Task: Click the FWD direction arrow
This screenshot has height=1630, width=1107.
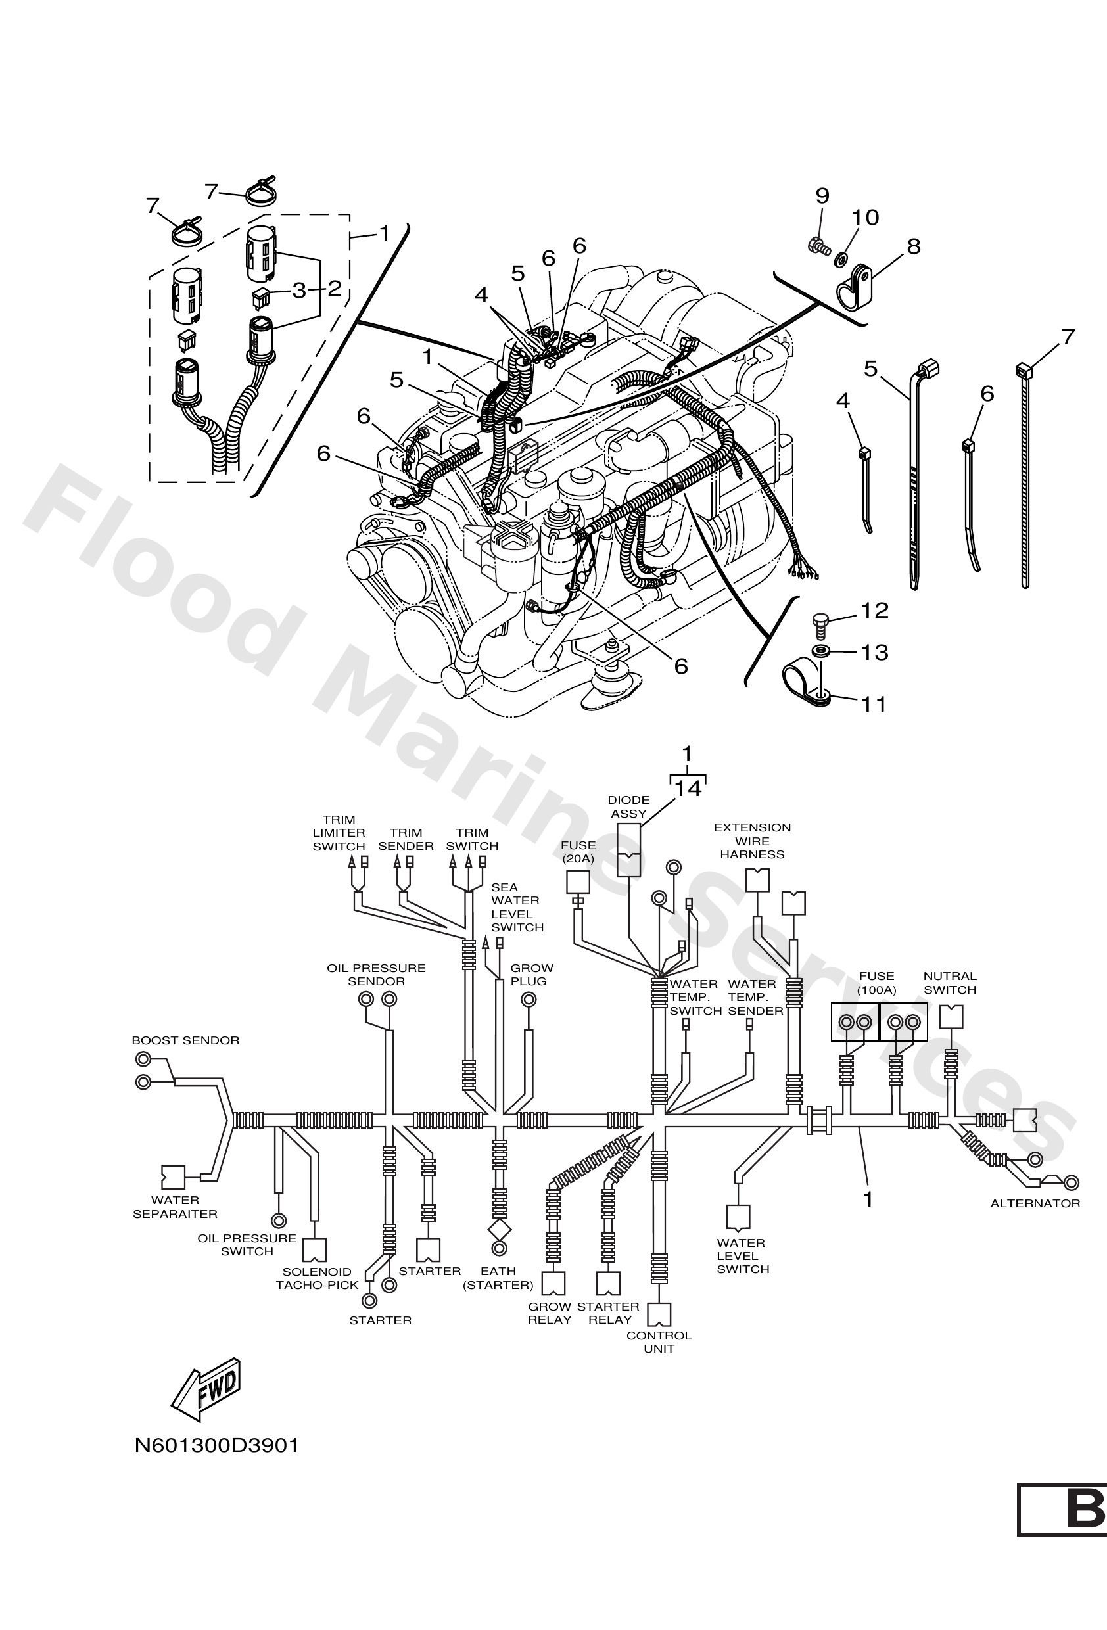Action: coord(208,1391)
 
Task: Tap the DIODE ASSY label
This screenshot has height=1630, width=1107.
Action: coord(628,806)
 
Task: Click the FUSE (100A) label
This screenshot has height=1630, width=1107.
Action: coord(876,983)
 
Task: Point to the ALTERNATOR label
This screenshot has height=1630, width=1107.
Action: coord(1035,1203)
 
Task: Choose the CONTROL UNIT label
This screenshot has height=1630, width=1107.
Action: coord(659,1341)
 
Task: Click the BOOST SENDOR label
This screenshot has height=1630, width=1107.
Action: coord(185,1041)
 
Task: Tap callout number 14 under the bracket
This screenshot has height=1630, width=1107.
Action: coord(688,789)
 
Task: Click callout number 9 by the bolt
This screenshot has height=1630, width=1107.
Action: coord(822,196)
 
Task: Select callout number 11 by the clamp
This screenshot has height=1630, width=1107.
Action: coord(874,703)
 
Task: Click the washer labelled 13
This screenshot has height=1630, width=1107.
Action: coord(818,651)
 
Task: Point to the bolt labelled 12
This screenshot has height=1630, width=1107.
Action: coord(818,620)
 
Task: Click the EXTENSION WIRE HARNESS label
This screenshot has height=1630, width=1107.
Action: coord(752,841)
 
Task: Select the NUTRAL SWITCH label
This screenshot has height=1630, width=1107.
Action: coord(950,983)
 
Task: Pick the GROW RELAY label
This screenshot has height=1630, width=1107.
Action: coord(550,1313)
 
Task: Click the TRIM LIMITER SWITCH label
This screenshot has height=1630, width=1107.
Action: coord(339,833)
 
